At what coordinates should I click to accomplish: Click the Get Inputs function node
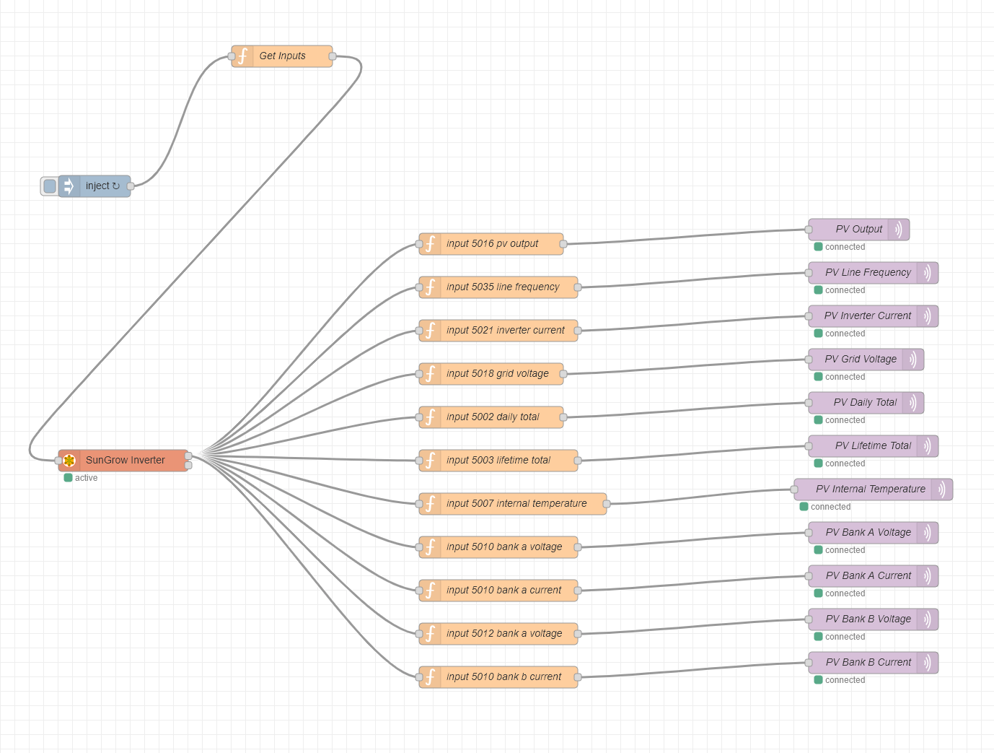(282, 56)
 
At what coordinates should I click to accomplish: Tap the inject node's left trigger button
(49, 186)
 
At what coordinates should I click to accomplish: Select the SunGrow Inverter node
(124, 461)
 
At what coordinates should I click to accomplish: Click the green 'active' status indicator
(69, 478)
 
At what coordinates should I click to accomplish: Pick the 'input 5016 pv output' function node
(491, 244)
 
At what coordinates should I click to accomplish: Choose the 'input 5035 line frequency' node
(502, 287)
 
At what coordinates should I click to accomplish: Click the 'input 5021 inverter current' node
(505, 331)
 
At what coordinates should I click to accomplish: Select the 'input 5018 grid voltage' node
(497, 374)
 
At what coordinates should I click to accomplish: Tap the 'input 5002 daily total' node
(492, 417)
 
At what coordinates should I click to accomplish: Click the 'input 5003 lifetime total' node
(498, 461)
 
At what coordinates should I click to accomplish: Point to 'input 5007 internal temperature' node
(516, 504)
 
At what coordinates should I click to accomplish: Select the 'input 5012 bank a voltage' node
(503, 634)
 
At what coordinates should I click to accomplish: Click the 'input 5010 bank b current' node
(503, 677)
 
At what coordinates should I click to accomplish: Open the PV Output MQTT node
(858, 230)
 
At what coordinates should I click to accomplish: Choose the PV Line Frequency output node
(868, 273)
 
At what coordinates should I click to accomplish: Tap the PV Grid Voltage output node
(861, 360)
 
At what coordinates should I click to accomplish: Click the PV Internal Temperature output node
(870, 489)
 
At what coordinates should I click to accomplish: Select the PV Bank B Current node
(868, 663)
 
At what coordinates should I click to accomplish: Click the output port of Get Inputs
(333, 56)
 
